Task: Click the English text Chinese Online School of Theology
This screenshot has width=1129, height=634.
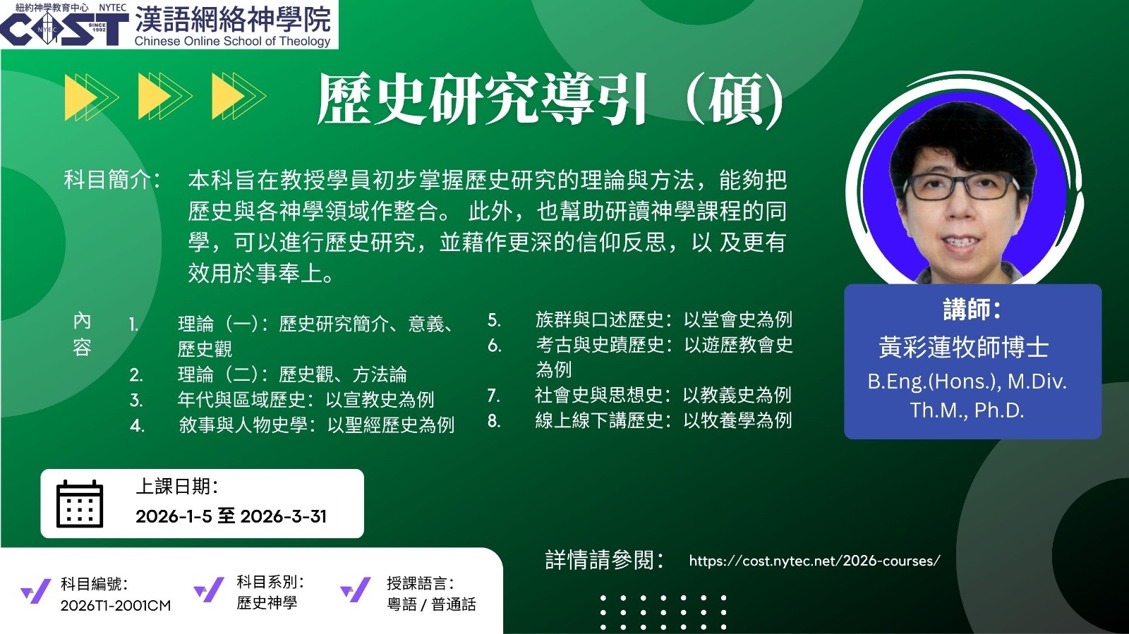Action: coord(232,42)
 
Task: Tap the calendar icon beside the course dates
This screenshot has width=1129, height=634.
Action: coord(80,504)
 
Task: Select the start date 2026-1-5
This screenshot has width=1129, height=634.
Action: coord(174,516)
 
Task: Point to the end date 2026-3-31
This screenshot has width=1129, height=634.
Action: coord(283,516)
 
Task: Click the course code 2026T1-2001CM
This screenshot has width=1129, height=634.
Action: coord(116,605)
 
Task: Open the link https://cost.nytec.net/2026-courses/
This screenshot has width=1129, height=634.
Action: coord(814,561)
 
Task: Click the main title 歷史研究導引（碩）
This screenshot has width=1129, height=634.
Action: coord(550,99)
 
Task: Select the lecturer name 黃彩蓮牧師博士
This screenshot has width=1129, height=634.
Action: coord(964,347)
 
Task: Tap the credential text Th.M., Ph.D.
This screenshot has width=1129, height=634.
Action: coord(967,410)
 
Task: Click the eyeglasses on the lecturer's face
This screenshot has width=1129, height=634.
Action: coord(962,186)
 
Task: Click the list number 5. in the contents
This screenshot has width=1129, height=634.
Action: coord(494,320)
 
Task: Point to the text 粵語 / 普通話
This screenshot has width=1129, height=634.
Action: coord(431,604)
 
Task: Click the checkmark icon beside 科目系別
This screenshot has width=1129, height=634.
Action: coord(209,590)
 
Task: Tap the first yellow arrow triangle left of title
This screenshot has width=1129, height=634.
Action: coord(80,97)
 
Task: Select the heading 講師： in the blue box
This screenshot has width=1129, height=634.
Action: coord(972,309)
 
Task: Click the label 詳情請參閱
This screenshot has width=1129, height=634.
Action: coord(605,560)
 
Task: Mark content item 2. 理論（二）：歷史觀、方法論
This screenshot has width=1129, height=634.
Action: coord(268,374)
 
